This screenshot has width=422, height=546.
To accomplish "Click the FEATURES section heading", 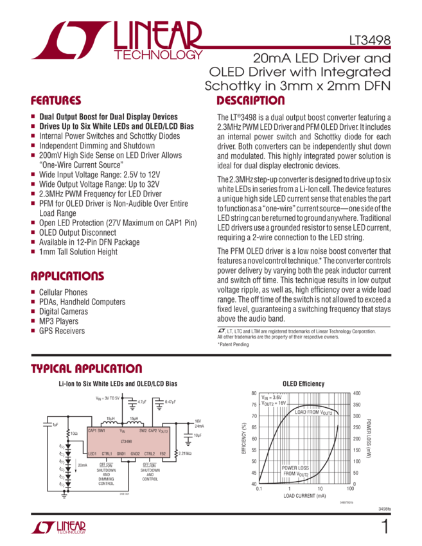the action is coord(56,101).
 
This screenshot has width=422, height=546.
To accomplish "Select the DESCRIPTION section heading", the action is coord(251,101).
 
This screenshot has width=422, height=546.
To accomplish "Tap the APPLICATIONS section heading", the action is coord(67,276).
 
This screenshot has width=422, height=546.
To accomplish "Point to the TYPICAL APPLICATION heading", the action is coord(78,369).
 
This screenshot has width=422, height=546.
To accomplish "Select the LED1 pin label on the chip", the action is coord(92,454).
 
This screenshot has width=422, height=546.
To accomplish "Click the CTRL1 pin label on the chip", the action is coord(107,454).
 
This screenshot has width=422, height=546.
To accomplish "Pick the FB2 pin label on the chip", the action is coord(163,454).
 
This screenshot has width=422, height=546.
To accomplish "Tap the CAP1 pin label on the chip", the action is coord(92,431).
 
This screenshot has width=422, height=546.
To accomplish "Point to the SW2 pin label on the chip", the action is coord(143,431).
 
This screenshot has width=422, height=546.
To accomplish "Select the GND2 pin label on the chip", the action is coord(135,454).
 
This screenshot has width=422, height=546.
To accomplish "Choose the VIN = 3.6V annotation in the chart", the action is coord(272,398).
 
